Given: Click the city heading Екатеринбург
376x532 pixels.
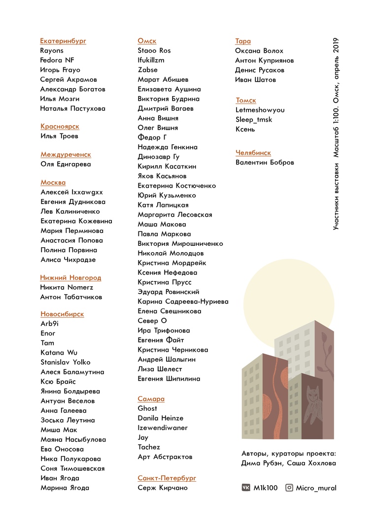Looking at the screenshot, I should point(63,41).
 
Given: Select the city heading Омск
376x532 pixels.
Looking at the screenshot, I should point(147,41).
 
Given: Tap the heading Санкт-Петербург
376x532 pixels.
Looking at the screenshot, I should point(167,478).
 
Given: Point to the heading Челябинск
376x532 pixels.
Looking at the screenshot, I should point(253,153).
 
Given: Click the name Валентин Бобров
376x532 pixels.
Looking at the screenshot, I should point(265,163).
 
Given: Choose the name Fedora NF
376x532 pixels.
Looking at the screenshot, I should point(57,60).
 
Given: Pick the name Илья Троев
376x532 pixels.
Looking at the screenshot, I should point(59,136).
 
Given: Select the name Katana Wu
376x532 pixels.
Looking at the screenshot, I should point(59,352).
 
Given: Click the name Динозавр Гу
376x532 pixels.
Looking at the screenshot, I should point(159,157).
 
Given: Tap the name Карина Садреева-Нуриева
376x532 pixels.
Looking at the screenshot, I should point(183,301).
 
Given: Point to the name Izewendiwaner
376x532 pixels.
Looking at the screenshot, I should point(163,428).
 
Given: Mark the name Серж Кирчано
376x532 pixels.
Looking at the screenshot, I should point(163,488).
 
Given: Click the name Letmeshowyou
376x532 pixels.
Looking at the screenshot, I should point(260,110).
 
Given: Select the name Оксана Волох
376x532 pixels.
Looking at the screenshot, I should point(259,51).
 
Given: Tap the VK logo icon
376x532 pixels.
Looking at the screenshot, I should point(246,488).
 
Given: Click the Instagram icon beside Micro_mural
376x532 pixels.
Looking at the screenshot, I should point(289,488).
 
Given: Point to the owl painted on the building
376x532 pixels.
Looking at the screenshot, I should point(311,401).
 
